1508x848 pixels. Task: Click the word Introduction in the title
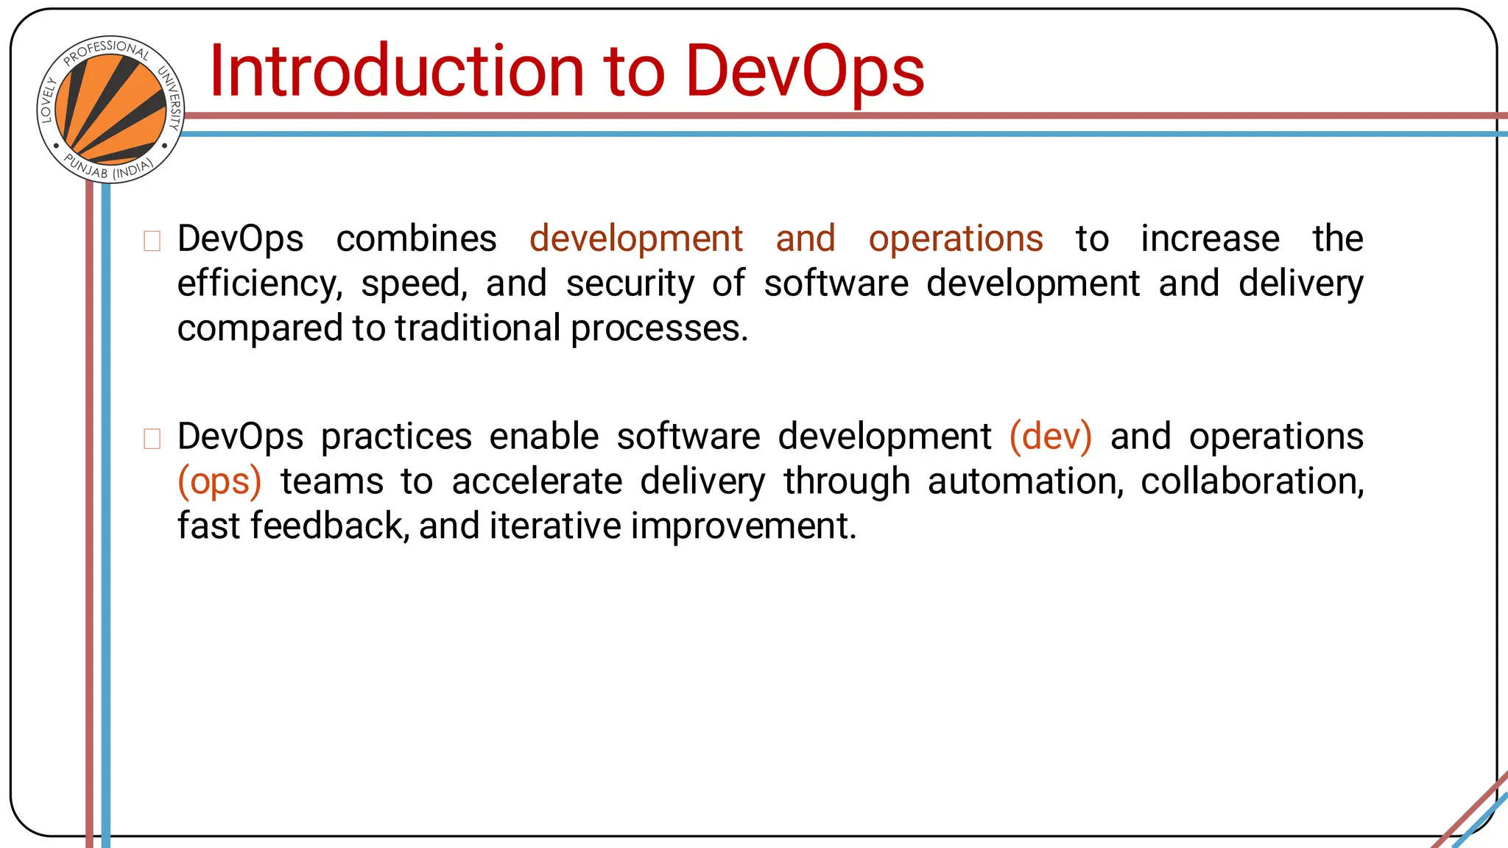click(397, 71)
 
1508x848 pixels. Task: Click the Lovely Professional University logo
click(110, 110)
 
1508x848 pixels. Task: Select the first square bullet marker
click(152, 241)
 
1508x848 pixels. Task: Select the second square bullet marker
click(152, 439)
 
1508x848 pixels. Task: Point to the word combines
click(416, 239)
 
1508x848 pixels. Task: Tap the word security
click(630, 284)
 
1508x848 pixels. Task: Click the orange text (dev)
click(1050, 437)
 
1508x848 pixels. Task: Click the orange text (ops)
click(219, 482)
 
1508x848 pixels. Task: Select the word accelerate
click(537, 481)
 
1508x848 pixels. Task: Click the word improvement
click(744, 526)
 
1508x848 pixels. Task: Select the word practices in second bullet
click(396, 437)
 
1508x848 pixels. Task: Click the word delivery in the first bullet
click(1300, 284)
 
